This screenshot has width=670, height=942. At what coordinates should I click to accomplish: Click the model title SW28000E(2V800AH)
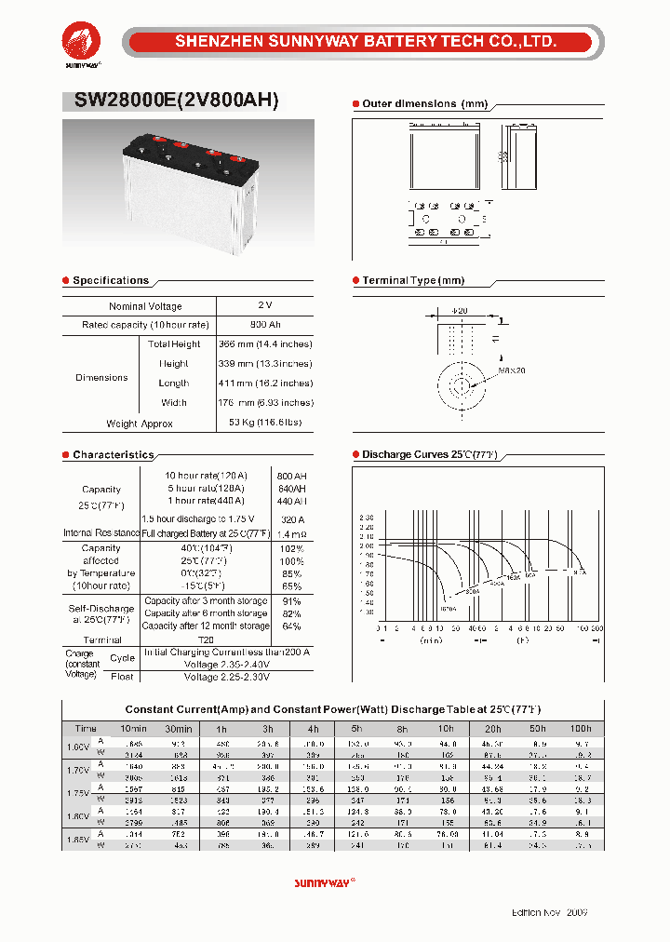point(170,101)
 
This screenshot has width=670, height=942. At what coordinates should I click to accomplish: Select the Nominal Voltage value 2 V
point(265,305)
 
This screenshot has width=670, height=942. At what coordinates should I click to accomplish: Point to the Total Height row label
point(174,344)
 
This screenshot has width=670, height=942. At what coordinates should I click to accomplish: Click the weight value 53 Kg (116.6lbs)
point(265,424)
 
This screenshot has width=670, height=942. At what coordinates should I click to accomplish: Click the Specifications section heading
point(110,280)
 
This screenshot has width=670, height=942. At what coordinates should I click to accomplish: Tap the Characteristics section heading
point(113,455)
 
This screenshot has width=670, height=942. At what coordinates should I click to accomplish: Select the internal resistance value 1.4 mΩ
point(291,533)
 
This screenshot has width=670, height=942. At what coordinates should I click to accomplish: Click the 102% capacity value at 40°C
point(291,548)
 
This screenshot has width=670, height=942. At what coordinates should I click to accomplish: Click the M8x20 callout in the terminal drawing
point(512,370)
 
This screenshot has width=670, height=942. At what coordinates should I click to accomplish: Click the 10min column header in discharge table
point(133,729)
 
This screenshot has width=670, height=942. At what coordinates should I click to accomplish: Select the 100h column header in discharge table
point(581,729)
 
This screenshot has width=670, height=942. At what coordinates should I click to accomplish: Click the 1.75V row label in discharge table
point(79,794)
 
